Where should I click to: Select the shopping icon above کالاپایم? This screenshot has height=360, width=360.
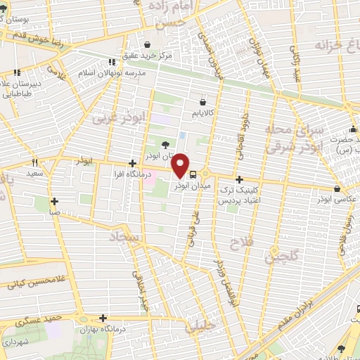tap(202, 103)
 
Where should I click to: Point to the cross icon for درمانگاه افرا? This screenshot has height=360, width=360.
tap(132, 164)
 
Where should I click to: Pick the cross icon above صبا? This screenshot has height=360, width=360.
tap(54, 200)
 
